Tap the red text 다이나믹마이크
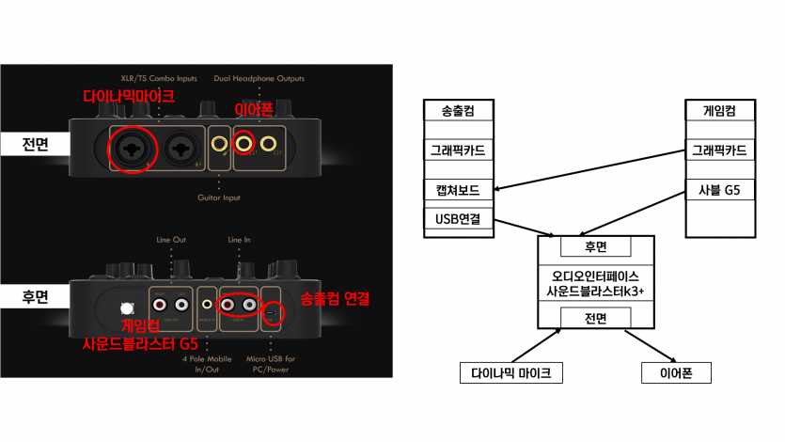(130, 96)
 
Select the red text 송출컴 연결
(335, 299)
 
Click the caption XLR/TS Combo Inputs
(159, 79)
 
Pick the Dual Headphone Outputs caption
(259, 79)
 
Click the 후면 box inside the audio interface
(595, 248)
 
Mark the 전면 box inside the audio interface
(595, 320)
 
